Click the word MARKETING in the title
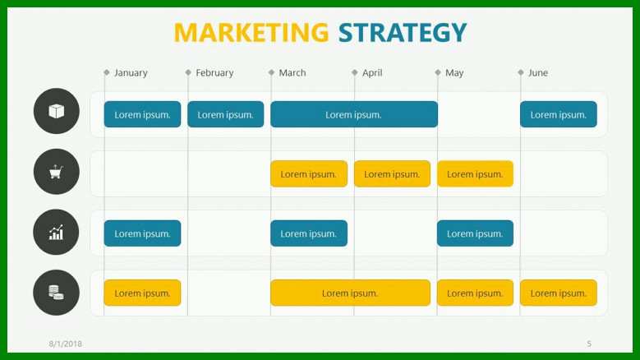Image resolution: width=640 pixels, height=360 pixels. pyautogui.click(x=251, y=33)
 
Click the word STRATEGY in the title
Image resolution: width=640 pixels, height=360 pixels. pyautogui.click(x=403, y=33)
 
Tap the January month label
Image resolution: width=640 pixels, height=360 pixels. pyautogui.click(x=131, y=73)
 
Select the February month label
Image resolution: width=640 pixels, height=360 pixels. pyautogui.click(x=214, y=73)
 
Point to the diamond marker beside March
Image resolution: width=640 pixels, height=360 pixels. pyautogui.click(x=271, y=72)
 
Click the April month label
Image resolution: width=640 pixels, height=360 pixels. pyautogui.click(x=372, y=73)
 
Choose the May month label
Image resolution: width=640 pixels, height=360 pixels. pyautogui.click(x=454, y=73)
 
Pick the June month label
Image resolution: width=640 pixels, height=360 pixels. pyautogui.click(x=538, y=73)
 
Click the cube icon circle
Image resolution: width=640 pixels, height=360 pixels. pyautogui.click(x=57, y=111)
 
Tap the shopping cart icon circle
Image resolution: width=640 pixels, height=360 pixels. pyautogui.click(x=57, y=172)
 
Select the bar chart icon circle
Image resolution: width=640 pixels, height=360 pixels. pyautogui.click(x=57, y=233)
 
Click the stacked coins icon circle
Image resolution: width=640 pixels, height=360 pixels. pyautogui.click(x=57, y=293)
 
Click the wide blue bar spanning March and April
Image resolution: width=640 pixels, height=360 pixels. pyautogui.click(x=354, y=114)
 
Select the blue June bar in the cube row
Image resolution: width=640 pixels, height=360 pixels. pyautogui.click(x=559, y=114)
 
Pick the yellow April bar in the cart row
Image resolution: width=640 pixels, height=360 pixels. pyautogui.click(x=392, y=174)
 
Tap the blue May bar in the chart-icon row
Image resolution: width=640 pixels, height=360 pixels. pyautogui.click(x=475, y=233)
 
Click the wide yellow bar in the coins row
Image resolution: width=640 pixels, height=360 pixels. pyautogui.click(x=350, y=293)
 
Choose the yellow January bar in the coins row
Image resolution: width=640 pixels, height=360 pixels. pyautogui.click(x=142, y=293)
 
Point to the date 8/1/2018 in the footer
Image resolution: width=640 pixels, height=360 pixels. pyautogui.click(x=65, y=344)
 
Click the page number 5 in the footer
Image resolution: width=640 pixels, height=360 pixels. pyautogui.click(x=589, y=344)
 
